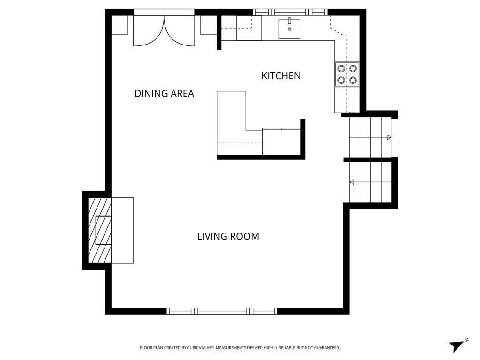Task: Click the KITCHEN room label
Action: click(281, 75)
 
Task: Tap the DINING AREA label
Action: click(164, 93)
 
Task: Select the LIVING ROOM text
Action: click(228, 236)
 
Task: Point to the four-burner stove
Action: click(347, 75)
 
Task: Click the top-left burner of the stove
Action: click(341, 69)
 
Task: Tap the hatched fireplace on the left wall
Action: click(100, 230)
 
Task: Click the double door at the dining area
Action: click(164, 30)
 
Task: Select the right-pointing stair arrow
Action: click(388, 137)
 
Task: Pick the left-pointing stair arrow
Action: click(352, 182)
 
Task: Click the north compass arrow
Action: click(456, 345)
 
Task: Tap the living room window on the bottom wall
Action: click(222, 311)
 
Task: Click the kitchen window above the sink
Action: click(290, 12)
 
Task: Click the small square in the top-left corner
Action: click(120, 25)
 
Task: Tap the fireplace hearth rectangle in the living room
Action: click(122, 230)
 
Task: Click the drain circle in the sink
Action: click(289, 30)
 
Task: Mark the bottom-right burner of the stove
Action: click(352, 80)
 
